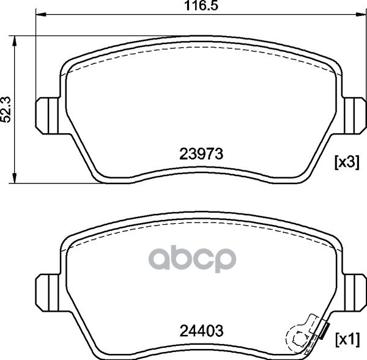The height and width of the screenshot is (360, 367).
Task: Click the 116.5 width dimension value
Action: point(201,6)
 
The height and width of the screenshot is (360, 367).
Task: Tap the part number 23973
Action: point(201,154)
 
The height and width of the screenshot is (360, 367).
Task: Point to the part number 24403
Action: point(201,331)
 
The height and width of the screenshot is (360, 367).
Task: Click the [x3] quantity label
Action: point(347,163)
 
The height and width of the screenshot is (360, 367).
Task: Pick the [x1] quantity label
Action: point(347,340)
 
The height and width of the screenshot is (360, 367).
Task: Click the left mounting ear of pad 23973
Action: point(47,116)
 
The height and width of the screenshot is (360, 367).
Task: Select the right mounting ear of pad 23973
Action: point(354,116)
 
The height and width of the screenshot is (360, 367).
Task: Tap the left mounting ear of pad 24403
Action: point(47,293)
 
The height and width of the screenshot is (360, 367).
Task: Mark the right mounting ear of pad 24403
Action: point(354,293)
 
